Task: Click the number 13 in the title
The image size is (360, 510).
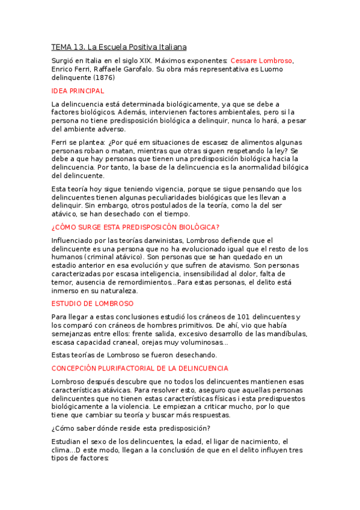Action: click(x=80, y=46)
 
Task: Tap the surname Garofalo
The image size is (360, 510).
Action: click(x=139, y=69)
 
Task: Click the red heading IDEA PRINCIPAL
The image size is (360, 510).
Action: click(x=78, y=91)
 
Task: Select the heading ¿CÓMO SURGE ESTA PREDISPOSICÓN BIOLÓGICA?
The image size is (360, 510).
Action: click(x=136, y=227)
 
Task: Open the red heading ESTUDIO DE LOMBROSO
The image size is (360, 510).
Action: click(x=93, y=304)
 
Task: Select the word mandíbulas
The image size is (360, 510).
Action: click(x=287, y=334)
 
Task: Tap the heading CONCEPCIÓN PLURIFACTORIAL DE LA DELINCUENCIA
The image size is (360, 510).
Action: click(x=139, y=367)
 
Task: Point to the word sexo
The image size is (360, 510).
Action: click(x=94, y=441)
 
